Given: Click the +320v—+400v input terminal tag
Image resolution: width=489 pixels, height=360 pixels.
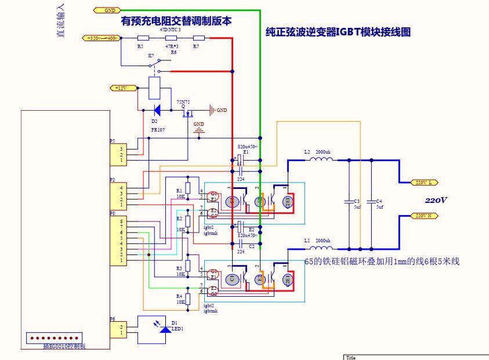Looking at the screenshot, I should pyautogui.click(x=102, y=38).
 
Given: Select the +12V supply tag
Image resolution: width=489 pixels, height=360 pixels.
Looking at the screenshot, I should pyautogui.click(x=122, y=88).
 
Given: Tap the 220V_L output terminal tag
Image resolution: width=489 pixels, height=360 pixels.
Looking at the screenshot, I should pyautogui.click(x=424, y=183).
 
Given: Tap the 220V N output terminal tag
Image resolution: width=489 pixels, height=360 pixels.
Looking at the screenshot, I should pyautogui.click(x=424, y=216).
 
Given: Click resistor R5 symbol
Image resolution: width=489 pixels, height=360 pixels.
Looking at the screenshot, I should pyautogui.click(x=142, y=38).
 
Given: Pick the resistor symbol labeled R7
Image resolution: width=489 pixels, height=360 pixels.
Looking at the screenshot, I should pyautogui.click(x=198, y=38).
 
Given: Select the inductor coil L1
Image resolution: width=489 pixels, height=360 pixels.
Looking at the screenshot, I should pyautogui.click(x=320, y=246).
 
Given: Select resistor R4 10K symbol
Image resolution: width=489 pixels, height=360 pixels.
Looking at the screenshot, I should pyautogui.click(x=187, y=299).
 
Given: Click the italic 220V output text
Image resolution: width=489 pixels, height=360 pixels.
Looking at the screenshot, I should pyautogui.click(x=436, y=200).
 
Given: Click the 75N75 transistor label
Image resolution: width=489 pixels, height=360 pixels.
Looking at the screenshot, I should pyautogui.click(x=184, y=101).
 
